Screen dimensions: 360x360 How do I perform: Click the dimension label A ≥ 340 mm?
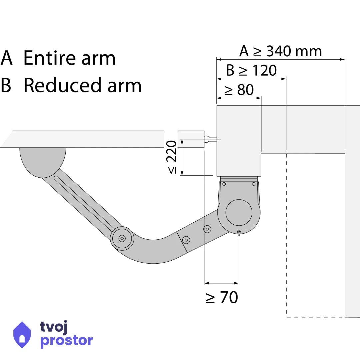click(280, 51)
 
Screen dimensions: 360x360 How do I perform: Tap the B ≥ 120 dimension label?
click(251, 70)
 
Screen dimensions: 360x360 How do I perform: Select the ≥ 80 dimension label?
click(239, 90)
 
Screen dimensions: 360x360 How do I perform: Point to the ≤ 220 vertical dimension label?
click(172, 157)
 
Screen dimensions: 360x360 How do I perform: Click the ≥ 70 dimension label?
click(222, 297)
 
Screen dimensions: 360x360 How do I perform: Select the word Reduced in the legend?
click(62, 85)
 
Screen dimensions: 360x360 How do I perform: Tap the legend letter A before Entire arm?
click(6, 58)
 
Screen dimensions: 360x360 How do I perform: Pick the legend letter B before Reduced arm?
click(6, 85)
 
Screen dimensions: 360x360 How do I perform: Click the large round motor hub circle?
click(239, 212)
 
